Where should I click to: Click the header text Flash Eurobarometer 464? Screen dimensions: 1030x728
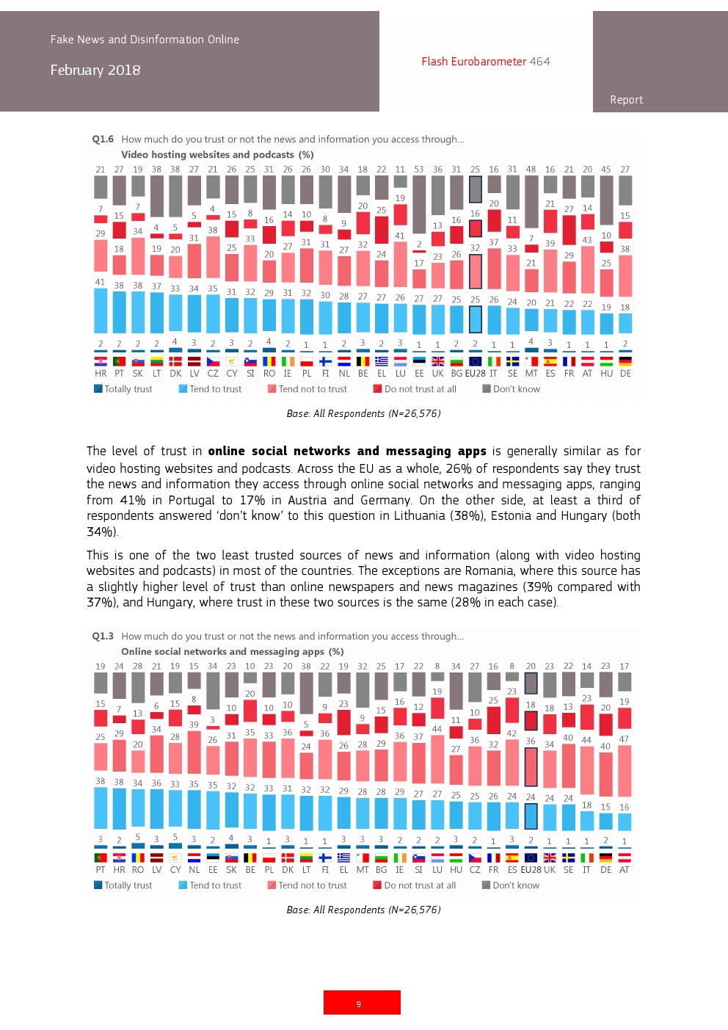tap(485, 62)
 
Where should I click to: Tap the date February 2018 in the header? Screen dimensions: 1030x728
tap(95, 70)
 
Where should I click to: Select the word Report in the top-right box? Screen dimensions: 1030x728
tap(626, 100)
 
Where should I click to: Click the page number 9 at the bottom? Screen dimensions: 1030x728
tap(359, 1004)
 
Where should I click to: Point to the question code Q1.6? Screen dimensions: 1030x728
tap(103, 139)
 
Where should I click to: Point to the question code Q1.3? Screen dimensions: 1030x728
tap(103, 636)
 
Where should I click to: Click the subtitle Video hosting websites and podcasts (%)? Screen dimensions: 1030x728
tap(217, 154)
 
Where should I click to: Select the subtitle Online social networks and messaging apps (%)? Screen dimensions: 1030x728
tap(232, 651)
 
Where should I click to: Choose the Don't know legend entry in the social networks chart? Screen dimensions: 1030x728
tap(515, 885)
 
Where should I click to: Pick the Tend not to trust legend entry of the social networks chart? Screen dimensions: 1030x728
tap(312, 885)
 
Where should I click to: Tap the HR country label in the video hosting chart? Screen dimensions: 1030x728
tap(101, 373)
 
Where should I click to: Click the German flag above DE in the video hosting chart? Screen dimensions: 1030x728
tap(625, 361)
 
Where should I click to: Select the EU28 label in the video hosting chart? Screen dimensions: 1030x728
tap(475, 373)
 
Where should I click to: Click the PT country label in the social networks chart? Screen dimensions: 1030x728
tap(101, 869)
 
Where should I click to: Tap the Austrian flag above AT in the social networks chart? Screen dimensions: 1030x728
tap(625, 857)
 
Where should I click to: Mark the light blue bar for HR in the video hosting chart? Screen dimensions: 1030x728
tap(101, 311)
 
